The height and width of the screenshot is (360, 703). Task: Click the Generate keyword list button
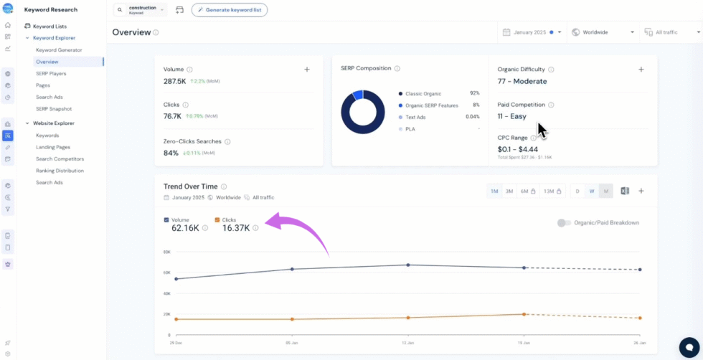[x=230, y=10]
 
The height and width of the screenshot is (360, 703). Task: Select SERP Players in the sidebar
[x=51, y=73]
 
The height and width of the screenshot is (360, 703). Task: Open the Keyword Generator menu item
[x=59, y=49]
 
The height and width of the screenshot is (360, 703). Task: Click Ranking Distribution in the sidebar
[x=60, y=171]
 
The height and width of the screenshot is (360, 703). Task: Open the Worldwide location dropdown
[x=603, y=32]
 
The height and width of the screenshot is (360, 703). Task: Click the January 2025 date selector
[x=529, y=32]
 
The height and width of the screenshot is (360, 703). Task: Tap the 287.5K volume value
[x=175, y=82]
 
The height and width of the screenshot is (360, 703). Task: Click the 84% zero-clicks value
[x=171, y=153]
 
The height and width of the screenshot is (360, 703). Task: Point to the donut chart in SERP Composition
[x=362, y=112]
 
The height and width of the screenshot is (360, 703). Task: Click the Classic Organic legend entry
[x=423, y=93]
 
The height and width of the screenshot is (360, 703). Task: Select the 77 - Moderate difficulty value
[x=522, y=82]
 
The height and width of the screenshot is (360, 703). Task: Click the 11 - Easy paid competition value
[x=512, y=116]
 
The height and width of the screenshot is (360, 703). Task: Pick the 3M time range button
[x=509, y=191]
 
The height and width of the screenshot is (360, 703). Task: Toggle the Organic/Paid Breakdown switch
[x=564, y=222]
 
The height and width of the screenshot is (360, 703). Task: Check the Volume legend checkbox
[x=167, y=219]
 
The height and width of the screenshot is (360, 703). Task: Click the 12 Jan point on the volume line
[x=408, y=265]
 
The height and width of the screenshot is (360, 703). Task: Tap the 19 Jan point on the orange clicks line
[x=524, y=314]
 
